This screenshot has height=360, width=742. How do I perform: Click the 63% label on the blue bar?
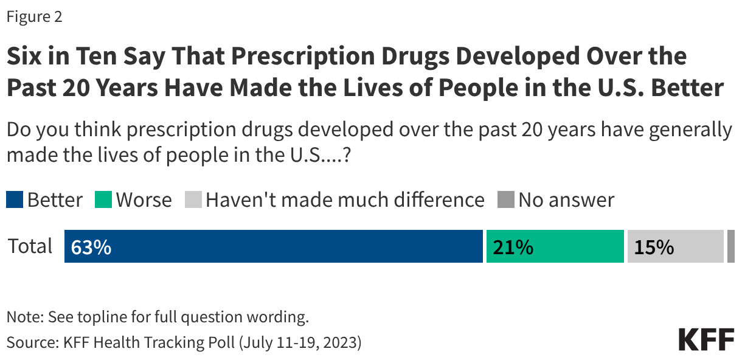(91, 247)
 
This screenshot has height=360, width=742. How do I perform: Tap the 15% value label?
(654, 247)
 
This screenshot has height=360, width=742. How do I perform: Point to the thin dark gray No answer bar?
(730, 246)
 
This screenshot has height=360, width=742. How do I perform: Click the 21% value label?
(513, 247)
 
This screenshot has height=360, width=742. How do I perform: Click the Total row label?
(30, 246)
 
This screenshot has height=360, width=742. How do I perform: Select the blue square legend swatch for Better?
(15, 200)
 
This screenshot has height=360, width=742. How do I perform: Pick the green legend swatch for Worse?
(103, 200)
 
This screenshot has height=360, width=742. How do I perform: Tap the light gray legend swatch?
(193, 200)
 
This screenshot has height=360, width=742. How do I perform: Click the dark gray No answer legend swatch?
(506, 200)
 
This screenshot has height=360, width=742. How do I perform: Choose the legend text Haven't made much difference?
(345, 200)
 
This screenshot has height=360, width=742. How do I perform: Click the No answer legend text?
(566, 200)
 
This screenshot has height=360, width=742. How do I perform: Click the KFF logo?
(706, 340)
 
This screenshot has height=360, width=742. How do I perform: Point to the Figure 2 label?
(34, 17)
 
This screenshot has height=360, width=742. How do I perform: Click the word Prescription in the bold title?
(289, 57)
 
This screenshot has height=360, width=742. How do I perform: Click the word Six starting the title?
(24, 57)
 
